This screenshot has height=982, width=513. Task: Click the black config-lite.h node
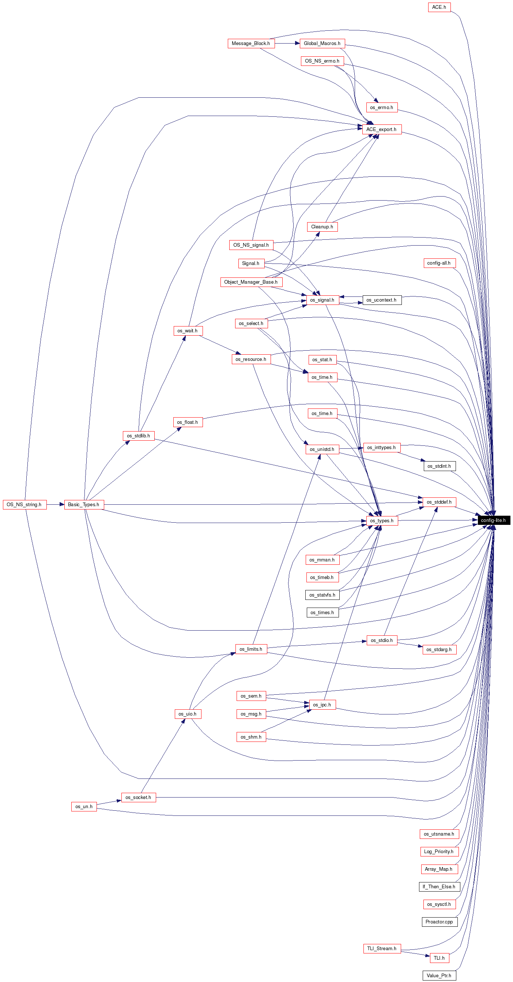tap(494, 520)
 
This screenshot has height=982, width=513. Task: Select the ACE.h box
tap(439, 7)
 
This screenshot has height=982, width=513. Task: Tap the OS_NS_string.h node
tap(24, 504)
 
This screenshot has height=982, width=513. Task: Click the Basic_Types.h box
tap(84, 504)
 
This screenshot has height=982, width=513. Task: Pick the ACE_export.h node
tap(382, 129)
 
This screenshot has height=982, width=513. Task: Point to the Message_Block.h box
tap(251, 44)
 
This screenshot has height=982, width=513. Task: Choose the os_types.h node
tap(382, 520)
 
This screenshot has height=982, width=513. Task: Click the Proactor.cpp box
tap(440, 922)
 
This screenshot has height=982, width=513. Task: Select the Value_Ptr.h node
tap(439, 975)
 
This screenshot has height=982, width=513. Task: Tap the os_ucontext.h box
tap(382, 300)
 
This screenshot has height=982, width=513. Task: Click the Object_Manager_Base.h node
tap(251, 282)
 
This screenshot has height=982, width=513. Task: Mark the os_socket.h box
tap(138, 797)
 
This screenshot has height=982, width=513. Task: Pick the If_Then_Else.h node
tap(439, 887)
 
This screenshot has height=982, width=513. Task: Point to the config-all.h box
tap(439, 263)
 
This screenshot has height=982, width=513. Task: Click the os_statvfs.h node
tap(322, 595)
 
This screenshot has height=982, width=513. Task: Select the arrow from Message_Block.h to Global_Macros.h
tap(287, 44)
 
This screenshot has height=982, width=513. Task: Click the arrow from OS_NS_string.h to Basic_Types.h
tap(56, 504)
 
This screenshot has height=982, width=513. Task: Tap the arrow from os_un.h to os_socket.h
tap(109, 802)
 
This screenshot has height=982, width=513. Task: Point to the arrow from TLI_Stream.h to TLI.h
tap(415, 954)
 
